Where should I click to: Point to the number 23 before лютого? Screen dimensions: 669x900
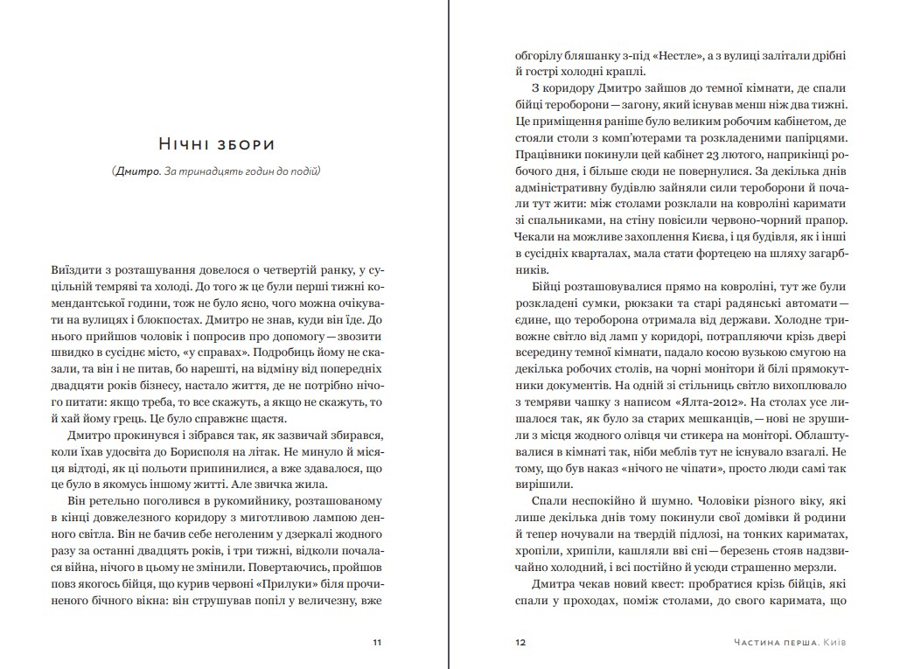click(693, 155)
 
